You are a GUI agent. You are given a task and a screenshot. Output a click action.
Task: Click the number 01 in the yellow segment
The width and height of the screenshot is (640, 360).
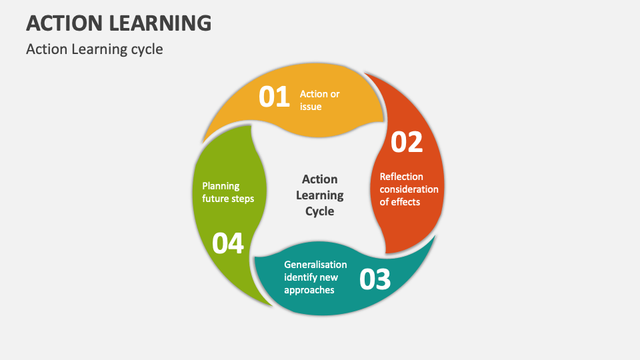(x=274, y=97)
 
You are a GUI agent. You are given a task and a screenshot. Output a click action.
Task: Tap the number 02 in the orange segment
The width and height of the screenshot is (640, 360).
(x=406, y=143)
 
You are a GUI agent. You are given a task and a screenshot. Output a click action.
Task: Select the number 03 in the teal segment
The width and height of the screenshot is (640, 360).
(x=375, y=279)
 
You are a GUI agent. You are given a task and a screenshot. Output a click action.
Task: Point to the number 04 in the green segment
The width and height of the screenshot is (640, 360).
(x=228, y=244)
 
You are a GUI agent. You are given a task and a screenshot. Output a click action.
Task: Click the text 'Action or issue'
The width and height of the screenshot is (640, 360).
(x=319, y=100)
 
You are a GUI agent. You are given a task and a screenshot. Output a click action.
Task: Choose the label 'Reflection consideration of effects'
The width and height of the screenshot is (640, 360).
(x=409, y=189)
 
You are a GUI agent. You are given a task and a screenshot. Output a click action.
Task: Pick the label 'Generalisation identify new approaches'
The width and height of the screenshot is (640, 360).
(x=315, y=277)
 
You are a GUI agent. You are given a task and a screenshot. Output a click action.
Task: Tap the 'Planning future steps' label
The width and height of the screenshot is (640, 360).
(x=228, y=192)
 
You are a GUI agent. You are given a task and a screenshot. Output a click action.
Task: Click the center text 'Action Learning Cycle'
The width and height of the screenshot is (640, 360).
(x=320, y=195)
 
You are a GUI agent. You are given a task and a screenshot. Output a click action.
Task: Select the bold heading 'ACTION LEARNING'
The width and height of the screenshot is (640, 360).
(x=119, y=23)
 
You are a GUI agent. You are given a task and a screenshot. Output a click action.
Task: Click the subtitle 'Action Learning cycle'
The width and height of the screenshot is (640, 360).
(x=94, y=49)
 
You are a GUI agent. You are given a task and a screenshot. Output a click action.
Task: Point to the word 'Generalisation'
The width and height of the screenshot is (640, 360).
(x=315, y=265)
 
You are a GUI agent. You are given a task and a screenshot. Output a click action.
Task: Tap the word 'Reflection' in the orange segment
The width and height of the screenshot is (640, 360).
(x=401, y=177)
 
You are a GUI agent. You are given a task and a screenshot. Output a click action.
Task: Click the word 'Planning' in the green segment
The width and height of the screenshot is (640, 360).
(x=221, y=186)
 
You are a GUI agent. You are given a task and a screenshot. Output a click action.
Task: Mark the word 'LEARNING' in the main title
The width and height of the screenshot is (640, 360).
(x=163, y=23)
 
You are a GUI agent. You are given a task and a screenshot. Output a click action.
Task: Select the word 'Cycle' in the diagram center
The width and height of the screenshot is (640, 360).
(x=320, y=211)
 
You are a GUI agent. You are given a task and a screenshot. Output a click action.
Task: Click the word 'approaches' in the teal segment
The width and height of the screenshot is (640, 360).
(x=309, y=290)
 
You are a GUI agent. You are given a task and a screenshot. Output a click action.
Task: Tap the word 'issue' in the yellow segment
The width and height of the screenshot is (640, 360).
(x=311, y=107)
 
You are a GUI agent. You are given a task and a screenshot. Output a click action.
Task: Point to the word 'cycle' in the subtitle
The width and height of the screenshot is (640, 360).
(x=147, y=49)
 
